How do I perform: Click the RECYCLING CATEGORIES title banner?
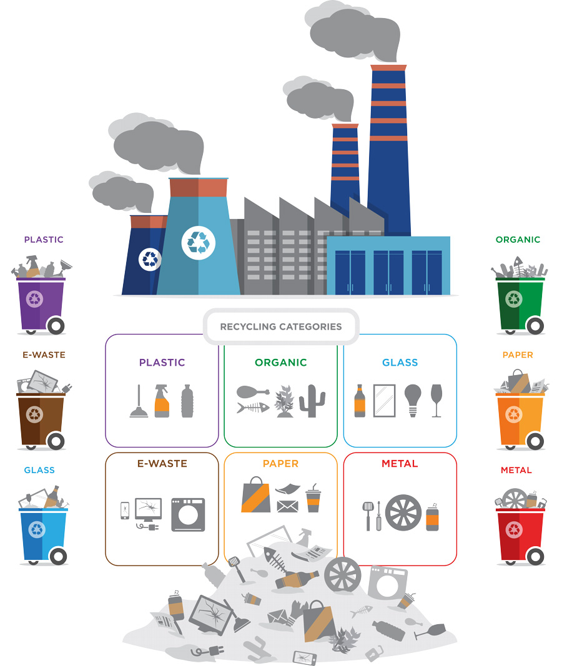pyautogui.click(x=281, y=326)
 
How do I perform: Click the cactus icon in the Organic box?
pyautogui.click(x=312, y=401)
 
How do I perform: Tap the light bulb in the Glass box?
pyautogui.click(x=412, y=399)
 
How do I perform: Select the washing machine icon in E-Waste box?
pyautogui.click(x=188, y=514)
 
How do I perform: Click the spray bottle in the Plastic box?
pyautogui.click(x=162, y=400)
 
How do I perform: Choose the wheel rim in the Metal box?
pyautogui.click(x=403, y=513)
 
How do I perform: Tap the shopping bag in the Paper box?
pyautogui.click(x=255, y=494)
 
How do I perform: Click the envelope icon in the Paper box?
pyautogui.click(x=287, y=506)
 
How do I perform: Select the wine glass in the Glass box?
pyautogui.click(x=436, y=400)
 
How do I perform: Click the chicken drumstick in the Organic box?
pyautogui.click(x=252, y=392)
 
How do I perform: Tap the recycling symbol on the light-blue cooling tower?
pyautogui.click(x=199, y=243)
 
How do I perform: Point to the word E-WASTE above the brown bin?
pyautogui.click(x=44, y=355)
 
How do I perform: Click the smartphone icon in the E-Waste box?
pyautogui.click(x=125, y=511)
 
